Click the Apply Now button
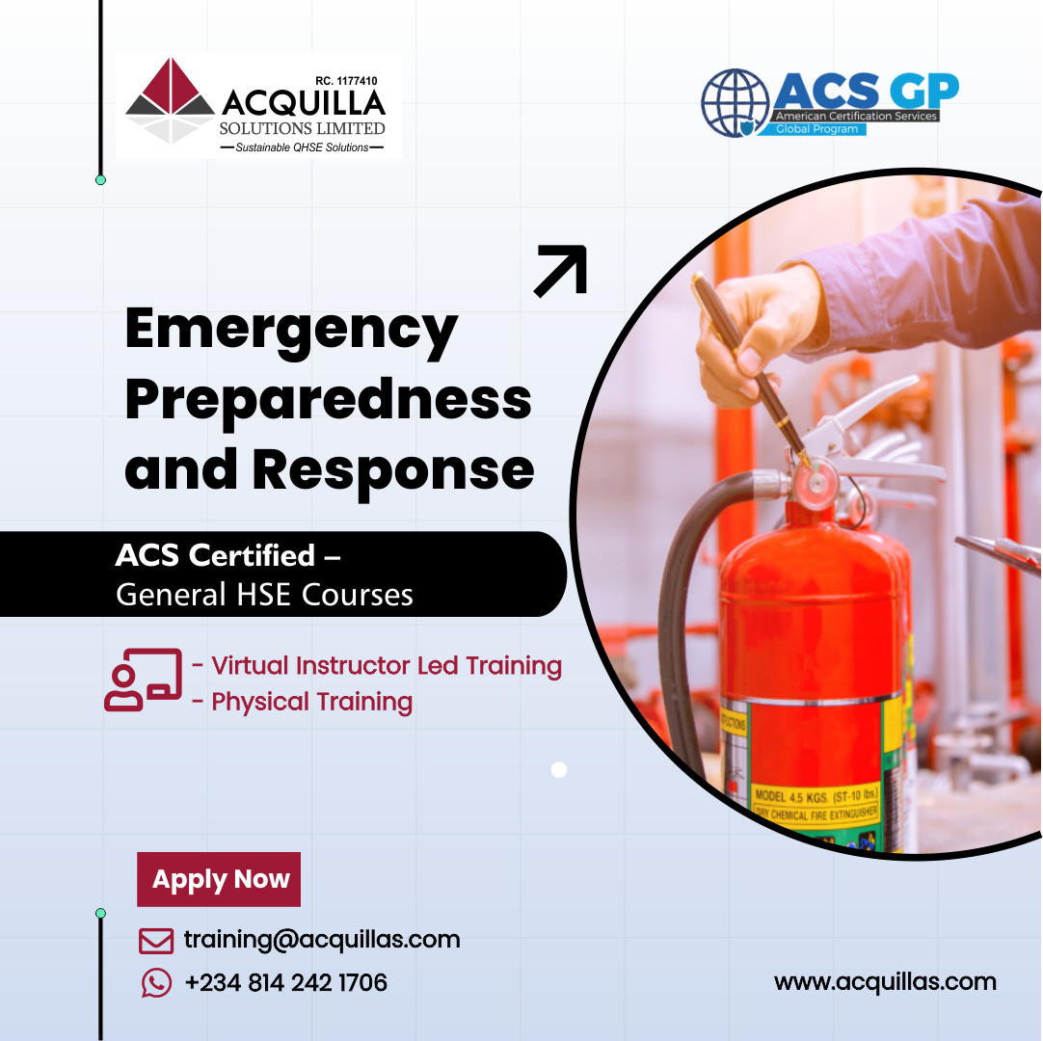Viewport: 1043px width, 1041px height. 219,879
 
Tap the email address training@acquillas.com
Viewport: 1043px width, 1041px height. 322,940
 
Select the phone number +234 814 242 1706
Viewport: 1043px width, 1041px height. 285,983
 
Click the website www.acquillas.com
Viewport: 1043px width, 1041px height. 884,982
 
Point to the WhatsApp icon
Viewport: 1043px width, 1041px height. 156,983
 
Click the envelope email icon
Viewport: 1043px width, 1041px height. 156,940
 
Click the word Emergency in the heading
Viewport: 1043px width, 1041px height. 291,331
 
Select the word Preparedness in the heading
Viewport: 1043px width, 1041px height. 328,400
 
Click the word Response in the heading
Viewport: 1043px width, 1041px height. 393,469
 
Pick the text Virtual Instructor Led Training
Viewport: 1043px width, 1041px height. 387,666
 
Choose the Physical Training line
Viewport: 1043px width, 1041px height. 312,702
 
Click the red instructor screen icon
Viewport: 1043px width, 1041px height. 143,680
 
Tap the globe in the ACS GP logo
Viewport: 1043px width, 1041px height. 735,103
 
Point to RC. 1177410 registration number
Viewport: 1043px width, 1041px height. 346,81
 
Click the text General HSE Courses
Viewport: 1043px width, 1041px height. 264,596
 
